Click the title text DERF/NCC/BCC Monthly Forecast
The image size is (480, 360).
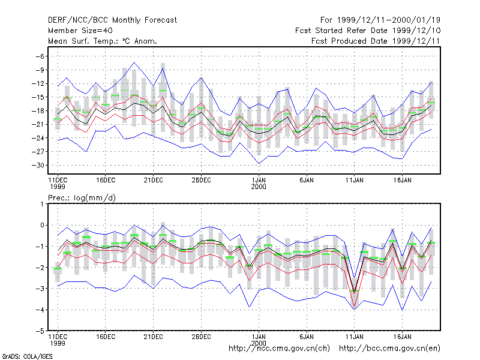(x=112, y=20)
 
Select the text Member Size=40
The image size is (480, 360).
(x=80, y=31)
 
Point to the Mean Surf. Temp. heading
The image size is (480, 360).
(x=102, y=41)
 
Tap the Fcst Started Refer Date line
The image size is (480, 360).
(x=368, y=31)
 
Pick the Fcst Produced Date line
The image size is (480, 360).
(x=376, y=41)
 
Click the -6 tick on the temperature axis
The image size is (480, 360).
(x=40, y=56)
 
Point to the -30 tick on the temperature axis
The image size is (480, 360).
(x=38, y=166)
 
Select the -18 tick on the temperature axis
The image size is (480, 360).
(x=38, y=111)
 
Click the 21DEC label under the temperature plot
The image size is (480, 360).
(x=154, y=180)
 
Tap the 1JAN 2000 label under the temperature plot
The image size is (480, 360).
(x=259, y=184)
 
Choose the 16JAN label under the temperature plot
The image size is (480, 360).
(x=402, y=180)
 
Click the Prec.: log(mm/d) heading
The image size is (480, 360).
(x=82, y=198)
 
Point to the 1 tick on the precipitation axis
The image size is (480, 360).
(x=42, y=204)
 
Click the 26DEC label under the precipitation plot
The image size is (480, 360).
(x=201, y=337)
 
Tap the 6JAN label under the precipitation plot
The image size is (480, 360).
(x=307, y=337)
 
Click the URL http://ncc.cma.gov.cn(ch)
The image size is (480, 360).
(x=279, y=349)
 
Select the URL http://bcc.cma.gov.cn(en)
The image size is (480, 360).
(x=389, y=349)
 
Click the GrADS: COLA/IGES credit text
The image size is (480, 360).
(x=27, y=356)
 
